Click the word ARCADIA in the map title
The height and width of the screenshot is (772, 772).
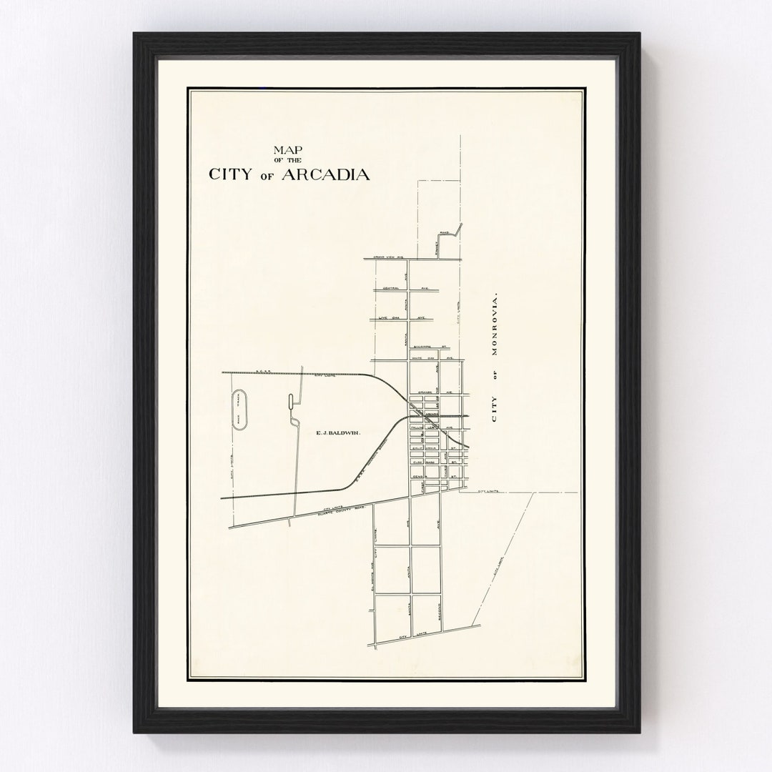point(327,174)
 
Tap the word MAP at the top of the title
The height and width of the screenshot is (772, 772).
point(284,150)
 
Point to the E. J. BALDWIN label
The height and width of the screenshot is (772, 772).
point(337,432)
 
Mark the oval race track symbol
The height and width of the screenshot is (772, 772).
point(239,410)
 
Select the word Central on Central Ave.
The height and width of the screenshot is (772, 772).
point(391,289)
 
